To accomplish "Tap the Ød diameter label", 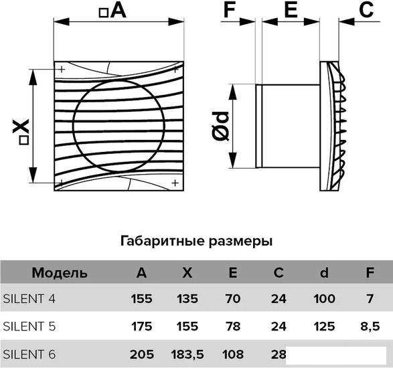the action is point(220,126).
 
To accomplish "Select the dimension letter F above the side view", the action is point(230,10).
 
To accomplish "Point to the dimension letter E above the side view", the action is point(291,10).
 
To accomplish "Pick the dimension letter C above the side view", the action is point(366,10).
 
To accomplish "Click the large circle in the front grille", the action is point(74,126).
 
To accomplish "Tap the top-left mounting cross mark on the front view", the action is point(62,69).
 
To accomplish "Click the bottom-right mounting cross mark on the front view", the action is point(175,183).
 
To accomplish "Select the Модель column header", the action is point(60,273).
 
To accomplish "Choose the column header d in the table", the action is point(324,272).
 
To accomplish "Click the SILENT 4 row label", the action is point(29,299).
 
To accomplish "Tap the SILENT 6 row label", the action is point(29,355).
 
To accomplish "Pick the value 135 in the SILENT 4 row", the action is point(187,299).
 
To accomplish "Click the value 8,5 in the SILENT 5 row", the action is point(370,327).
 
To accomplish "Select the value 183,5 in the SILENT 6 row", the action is point(187,355).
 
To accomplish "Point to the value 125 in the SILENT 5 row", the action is point(324,327).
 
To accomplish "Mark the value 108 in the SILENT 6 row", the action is point(233,355).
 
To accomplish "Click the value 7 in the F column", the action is point(370,299).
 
